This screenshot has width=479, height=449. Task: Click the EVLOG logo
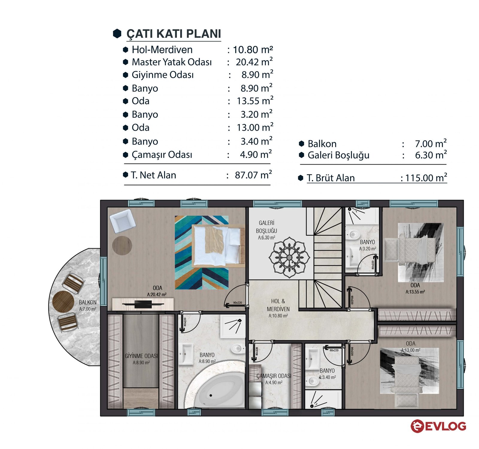[x=438, y=426]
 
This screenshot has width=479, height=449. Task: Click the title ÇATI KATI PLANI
[x=174, y=34]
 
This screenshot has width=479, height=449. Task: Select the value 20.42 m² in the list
[x=254, y=62]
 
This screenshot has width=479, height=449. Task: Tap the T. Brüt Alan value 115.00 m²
[x=426, y=178]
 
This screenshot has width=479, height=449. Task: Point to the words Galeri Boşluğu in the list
[x=338, y=155]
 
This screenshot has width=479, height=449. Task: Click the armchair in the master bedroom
[x=122, y=221]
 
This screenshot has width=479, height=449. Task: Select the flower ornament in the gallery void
[x=289, y=257]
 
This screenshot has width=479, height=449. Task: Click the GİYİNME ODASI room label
[x=141, y=356]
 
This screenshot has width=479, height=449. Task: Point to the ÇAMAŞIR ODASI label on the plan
[x=274, y=376]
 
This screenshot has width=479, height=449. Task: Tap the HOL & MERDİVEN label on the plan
[x=278, y=305]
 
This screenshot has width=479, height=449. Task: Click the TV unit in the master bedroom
[x=143, y=304]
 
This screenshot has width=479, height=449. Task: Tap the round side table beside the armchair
[x=122, y=245]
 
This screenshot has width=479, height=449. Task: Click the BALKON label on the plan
[x=88, y=302]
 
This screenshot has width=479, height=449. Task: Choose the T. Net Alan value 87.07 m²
[x=253, y=175]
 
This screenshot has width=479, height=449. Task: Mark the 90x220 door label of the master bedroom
[x=237, y=303]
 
